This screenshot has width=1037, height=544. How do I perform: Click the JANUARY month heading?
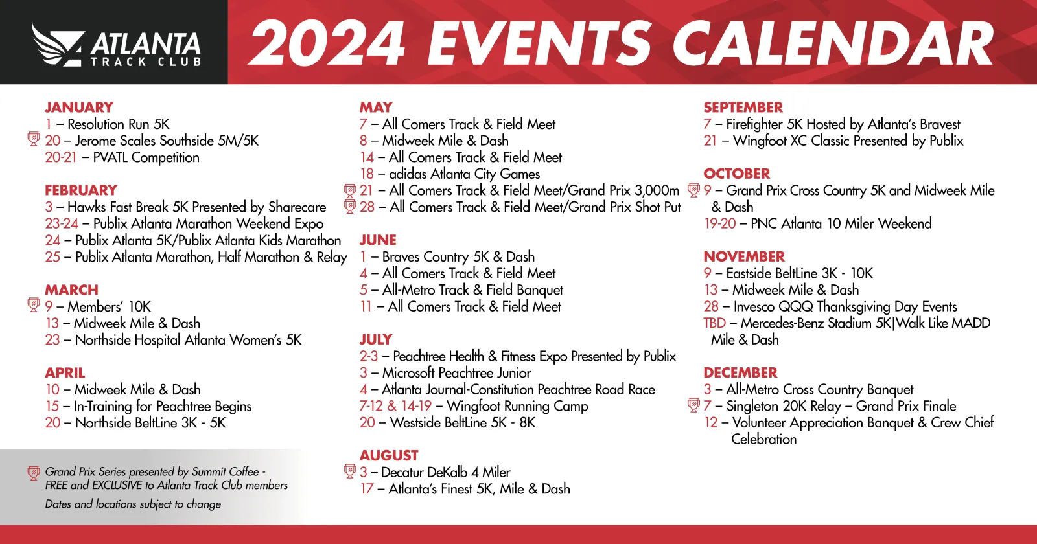coord(79,108)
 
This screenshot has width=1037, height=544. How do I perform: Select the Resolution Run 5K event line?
coord(108,124)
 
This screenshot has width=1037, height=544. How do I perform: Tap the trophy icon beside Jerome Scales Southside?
coord(34,139)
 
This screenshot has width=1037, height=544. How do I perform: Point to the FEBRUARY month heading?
coord(81,190)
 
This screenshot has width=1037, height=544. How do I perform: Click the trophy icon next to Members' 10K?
coord(34,304)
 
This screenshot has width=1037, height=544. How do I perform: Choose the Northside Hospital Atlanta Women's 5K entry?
coord(174,340)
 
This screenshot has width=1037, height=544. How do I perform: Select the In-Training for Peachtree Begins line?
coord(148,407)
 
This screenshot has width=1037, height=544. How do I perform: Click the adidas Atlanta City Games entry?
coord(450,174)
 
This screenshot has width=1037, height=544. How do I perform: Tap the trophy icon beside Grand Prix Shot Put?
coord(350,207)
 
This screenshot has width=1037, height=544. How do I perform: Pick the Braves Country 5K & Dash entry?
coord(447,257)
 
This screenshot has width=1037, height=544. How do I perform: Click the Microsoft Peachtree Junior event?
coord(445,373)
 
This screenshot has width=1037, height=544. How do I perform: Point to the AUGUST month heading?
coord(389,456)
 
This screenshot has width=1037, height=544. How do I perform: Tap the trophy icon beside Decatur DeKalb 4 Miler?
coord(350,471)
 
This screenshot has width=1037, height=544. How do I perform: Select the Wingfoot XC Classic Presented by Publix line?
coord(833,141)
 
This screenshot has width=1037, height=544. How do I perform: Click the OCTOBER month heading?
coord(737,174)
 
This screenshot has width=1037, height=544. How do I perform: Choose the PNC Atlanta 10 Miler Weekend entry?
coord(818,224)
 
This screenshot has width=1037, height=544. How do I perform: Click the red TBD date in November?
coord(714,323)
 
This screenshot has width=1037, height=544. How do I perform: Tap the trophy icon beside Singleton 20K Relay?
coord(693,405)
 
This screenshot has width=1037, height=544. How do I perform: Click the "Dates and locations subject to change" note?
coord(133,504)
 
